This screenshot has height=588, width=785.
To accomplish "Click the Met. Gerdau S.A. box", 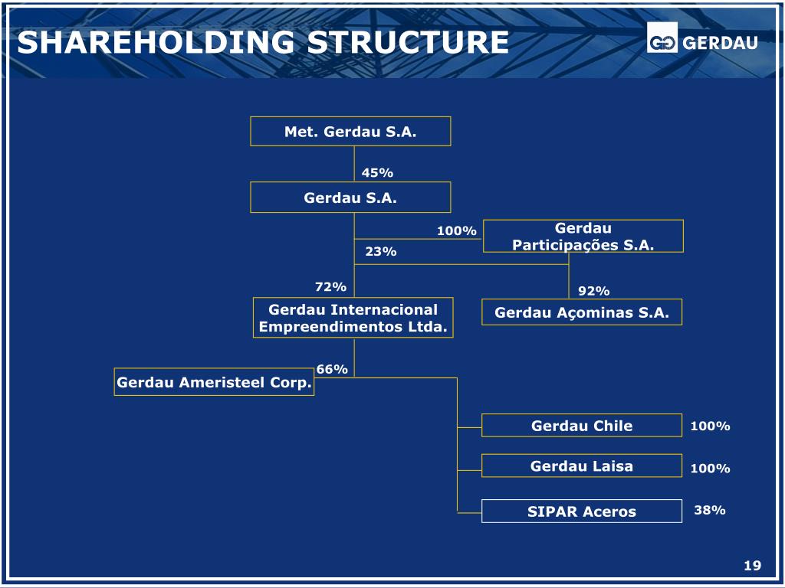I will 350,131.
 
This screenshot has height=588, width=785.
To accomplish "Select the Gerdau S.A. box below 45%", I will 350,198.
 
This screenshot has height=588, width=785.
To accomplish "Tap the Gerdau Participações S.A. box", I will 583,236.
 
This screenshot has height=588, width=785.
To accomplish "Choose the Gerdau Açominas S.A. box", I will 582,312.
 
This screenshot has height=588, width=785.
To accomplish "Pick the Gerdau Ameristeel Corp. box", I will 215,383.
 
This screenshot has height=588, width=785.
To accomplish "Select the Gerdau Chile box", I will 582,426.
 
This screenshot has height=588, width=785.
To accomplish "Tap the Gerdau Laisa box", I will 582,465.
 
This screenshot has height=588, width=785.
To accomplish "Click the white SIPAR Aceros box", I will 582,511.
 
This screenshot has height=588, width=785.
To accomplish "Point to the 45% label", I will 377,173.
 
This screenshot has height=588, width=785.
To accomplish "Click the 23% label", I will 381,251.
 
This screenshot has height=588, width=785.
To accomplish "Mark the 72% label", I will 330,286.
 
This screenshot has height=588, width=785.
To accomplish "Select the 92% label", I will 593,291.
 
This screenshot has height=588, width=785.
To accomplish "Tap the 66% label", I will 332,369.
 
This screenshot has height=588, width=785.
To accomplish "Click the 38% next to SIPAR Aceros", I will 710,510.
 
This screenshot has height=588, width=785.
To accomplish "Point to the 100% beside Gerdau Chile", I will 710,426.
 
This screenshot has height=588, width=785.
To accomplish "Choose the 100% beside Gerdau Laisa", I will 710,468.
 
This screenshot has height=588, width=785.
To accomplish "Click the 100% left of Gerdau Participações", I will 457,231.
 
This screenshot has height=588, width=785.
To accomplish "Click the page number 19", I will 752,566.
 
